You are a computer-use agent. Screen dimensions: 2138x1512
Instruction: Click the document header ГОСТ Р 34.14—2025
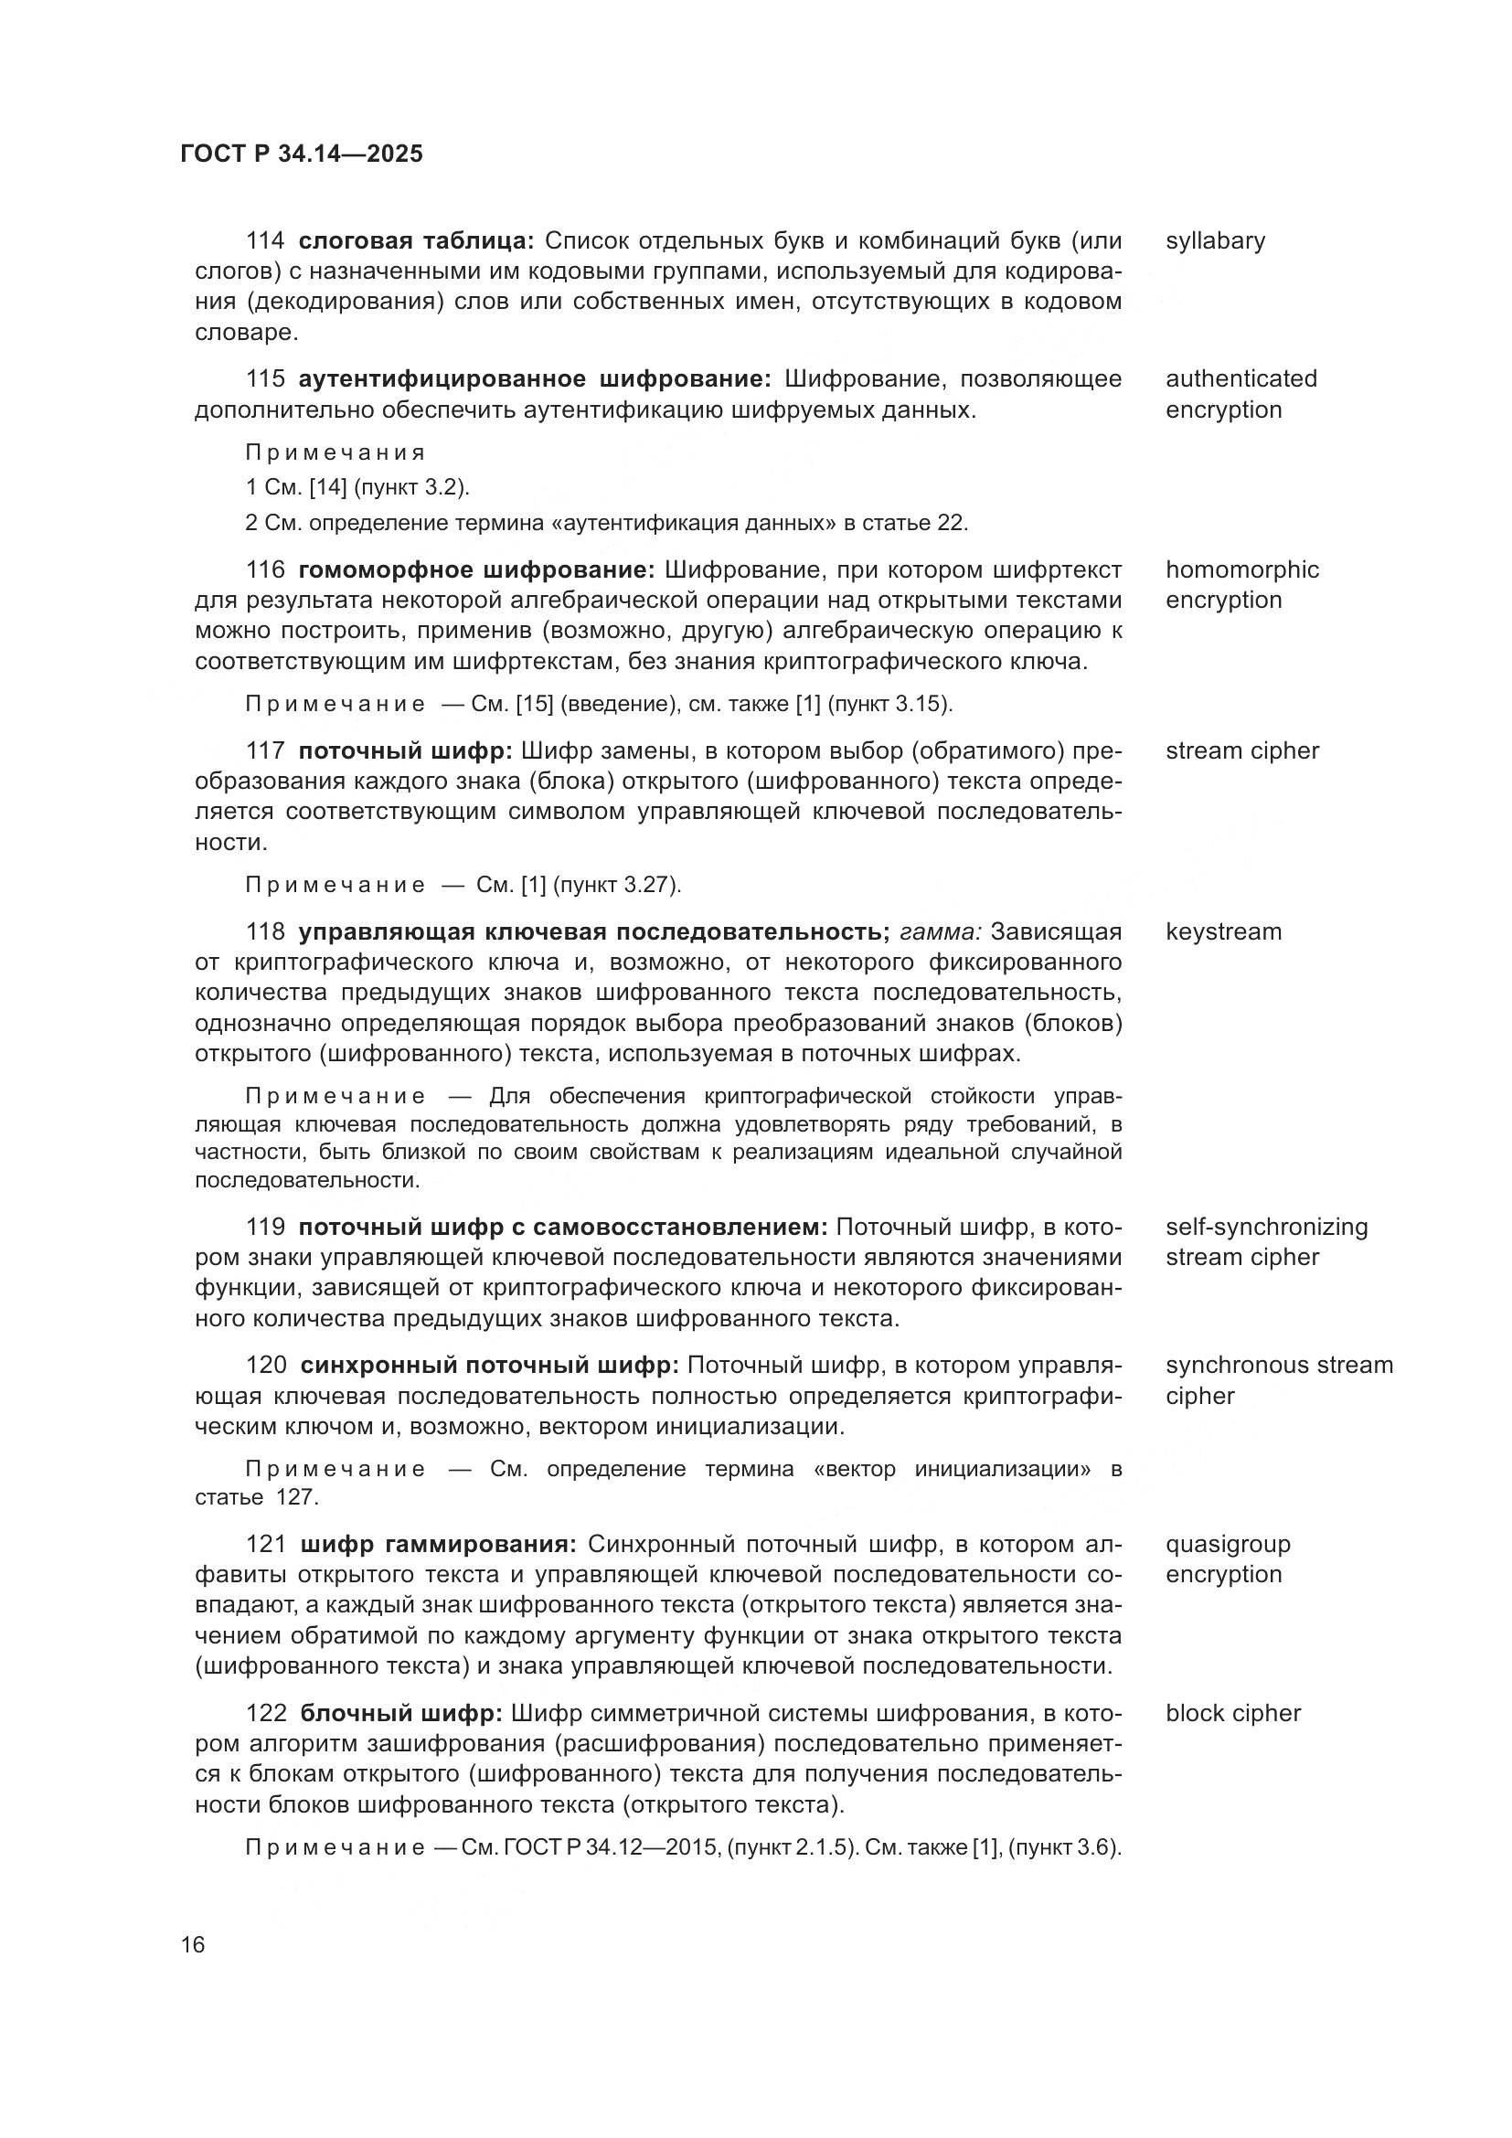coord(301,154)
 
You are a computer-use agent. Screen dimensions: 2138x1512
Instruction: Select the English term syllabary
coord(1215,241)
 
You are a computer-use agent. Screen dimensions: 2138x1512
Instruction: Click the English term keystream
coord(1222,932)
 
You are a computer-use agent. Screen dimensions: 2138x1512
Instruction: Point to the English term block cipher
coord(1232,1713)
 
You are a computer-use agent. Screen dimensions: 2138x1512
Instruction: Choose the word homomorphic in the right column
coord(1242,569)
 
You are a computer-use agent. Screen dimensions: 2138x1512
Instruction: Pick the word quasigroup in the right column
coord(1228,1544)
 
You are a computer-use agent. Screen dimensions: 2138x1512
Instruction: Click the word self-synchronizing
coord(1266,1227)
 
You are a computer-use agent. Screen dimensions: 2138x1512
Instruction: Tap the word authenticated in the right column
coord(1241,379)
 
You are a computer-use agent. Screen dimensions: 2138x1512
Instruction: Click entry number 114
coord(265,241)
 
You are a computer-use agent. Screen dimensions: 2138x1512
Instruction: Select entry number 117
coord(265,750)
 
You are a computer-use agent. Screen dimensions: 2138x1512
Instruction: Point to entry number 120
coord(266,1365)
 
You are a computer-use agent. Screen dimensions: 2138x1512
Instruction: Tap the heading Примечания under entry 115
coord(335,452)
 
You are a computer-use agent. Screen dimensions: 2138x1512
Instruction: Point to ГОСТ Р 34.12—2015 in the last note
coord(612,1847)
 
